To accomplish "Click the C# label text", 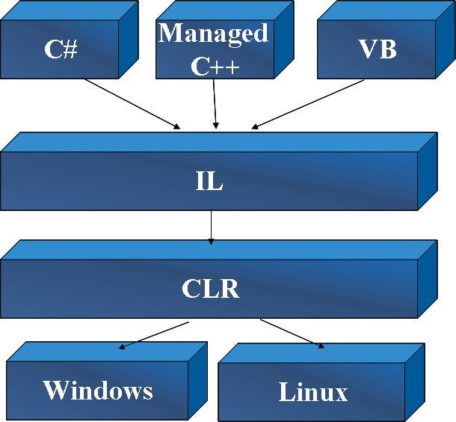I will click(x=61, y=49).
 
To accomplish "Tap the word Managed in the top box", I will click(x=213, y=33).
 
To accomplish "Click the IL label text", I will click(x=209, y=181).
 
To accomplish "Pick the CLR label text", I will click(x=210, y=288).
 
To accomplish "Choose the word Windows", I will click(x=98, y=390).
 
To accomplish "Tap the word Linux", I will click(x=313, y=392).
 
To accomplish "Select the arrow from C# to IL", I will click(x=132, y=103).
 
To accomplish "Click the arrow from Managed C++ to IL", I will click(x=215, y=103).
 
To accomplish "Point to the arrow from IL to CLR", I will click(x=211, y=227).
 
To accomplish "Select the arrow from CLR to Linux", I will click(x=292, y=334).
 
